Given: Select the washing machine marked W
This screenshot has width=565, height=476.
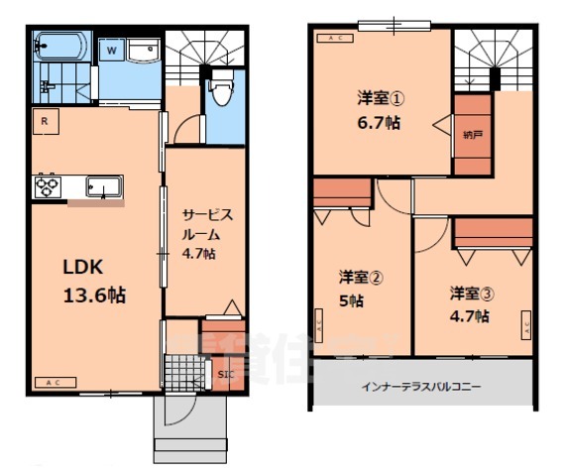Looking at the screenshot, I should point(112,49).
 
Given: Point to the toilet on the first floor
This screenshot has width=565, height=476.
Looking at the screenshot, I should point(221,90).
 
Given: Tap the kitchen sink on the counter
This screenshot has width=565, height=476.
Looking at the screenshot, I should point(103,186).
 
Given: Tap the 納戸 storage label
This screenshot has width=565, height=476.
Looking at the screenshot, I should point(472,135).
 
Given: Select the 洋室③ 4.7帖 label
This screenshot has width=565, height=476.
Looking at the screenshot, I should point(468,303).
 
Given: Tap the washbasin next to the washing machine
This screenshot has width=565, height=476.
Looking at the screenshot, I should point(145,49).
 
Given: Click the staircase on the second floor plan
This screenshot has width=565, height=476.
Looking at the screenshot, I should point(493,59).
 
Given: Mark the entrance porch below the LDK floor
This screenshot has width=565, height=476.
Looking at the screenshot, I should point(191,426).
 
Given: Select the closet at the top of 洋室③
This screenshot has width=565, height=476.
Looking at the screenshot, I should point(492,232).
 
